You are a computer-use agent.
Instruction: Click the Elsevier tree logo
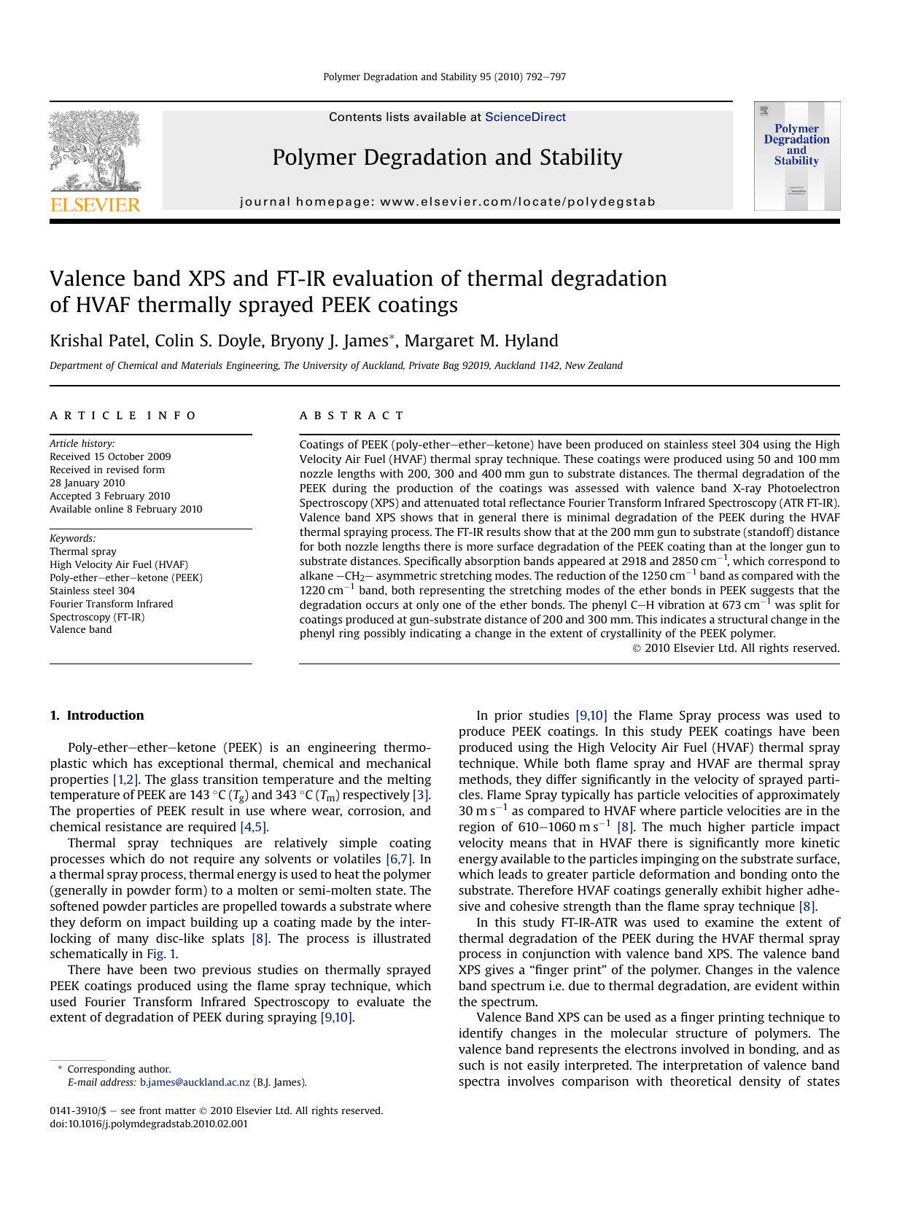95,151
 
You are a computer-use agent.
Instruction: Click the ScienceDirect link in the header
525,117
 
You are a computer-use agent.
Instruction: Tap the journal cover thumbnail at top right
796,156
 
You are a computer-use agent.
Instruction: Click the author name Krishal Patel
94,341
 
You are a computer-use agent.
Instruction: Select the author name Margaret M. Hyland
481,341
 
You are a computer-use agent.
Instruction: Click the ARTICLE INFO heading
123,416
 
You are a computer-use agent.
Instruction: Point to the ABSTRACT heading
351,416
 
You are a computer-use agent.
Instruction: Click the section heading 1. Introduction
97,715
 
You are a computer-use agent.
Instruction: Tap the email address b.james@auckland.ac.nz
195,1083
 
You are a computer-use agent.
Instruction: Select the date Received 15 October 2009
110,456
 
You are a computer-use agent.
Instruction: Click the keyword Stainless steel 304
92,591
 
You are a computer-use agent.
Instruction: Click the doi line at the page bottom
149,1124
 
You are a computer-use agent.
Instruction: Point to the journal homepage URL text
447,202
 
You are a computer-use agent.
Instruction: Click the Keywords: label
72,538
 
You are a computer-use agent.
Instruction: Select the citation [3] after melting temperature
421,795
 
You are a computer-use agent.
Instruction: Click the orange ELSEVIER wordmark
95,205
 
